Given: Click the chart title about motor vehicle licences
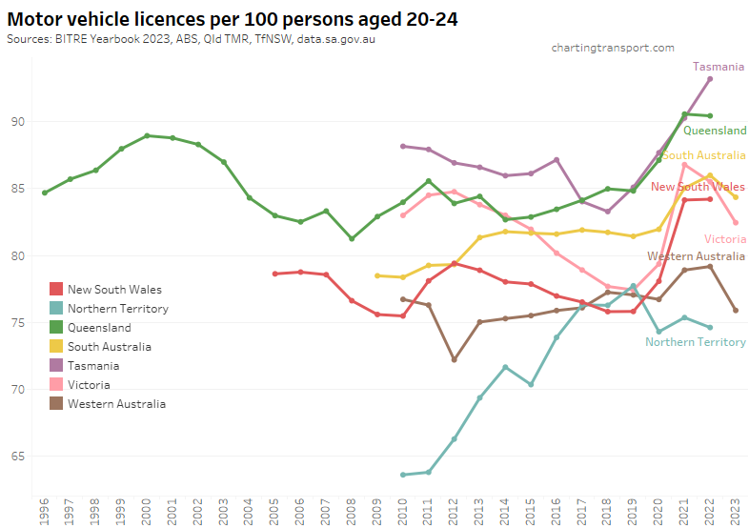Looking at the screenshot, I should coord(233,18).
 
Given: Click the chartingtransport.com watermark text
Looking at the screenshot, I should coord(614,47).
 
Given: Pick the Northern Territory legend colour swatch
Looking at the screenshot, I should coord(56,309).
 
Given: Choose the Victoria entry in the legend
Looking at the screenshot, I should coord(89,385).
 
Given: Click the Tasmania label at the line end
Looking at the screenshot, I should coord(718,67).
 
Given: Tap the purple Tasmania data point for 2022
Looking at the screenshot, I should coord(710,78).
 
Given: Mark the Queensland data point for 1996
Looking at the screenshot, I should coord(44,193).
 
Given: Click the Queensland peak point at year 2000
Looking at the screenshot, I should coord(147,135).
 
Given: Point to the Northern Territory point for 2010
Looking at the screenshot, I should coord(403,475).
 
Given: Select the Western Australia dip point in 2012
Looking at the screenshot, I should coord(455,360).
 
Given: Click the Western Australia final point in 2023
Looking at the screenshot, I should coord(736,310).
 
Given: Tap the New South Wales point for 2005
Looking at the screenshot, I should coord(275,274).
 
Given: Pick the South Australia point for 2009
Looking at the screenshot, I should coord(377,275).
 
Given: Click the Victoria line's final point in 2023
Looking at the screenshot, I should coord(736,222).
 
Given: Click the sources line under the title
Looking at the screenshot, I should coord(191,40).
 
